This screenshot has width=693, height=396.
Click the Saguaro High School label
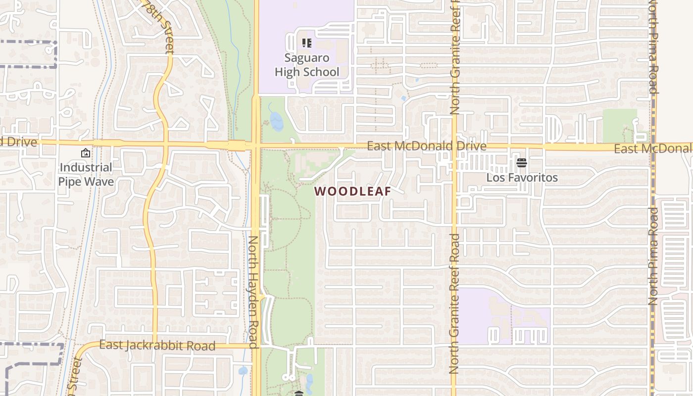[x=307, y=65]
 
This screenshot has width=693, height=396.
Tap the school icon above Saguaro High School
[x=307, y=43]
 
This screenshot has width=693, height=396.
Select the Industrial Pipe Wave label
[x=86, y=174]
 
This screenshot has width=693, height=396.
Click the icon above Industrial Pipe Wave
[x=85, y=153]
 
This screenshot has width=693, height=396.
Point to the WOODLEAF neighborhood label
[x=352, y=191]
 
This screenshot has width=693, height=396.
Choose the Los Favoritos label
[x=522, y=177]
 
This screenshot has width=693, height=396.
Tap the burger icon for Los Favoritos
[x=521, y=162]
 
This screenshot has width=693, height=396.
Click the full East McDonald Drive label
[x=426, y=146]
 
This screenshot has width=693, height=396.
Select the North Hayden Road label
[x=253, y=292]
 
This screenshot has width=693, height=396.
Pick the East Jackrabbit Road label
[x=157, y=345]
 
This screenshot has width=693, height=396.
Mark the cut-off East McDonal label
[x=652, y=148]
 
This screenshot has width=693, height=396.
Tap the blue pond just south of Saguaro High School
[x=276, y=121]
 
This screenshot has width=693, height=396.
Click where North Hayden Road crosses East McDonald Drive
[x=256, y=146]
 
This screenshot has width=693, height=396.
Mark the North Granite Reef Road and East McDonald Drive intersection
[x=454, y=147]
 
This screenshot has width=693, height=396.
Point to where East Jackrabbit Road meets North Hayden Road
[x=256, y=346]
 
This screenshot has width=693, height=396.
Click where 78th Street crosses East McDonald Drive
[x=165, y=144]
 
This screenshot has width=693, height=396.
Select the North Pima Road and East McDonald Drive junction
[x=653, y=148]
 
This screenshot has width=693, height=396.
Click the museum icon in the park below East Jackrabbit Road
[x=298, y=394]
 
